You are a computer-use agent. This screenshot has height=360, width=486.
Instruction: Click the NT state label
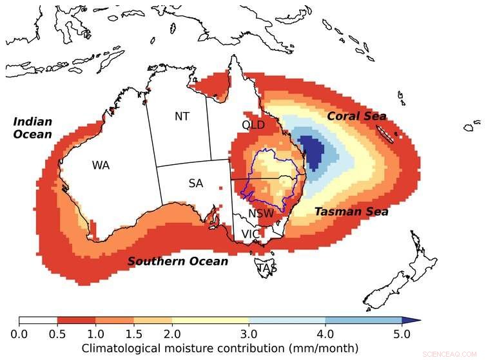182,117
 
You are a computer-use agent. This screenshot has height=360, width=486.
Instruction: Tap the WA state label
101,166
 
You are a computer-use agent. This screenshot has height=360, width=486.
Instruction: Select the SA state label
196,184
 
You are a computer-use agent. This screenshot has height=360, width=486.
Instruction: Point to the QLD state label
253,124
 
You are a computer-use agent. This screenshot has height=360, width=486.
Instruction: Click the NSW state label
261,213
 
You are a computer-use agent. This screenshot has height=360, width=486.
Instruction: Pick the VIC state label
251,234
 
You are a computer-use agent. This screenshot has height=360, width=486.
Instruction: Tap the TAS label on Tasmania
267,268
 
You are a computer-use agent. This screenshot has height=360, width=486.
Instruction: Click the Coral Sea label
356,117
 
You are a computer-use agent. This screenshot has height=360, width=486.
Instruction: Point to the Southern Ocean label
177,261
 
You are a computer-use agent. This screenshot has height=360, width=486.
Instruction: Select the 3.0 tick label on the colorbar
249,334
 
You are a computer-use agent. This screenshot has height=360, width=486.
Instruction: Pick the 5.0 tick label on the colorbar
402,334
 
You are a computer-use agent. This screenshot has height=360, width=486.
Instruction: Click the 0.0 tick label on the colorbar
19,334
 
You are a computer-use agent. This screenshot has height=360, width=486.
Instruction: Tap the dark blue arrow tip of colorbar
413,320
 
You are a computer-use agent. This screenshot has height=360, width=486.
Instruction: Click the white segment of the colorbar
38,320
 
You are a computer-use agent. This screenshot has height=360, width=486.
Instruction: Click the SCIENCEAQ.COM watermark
459,354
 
